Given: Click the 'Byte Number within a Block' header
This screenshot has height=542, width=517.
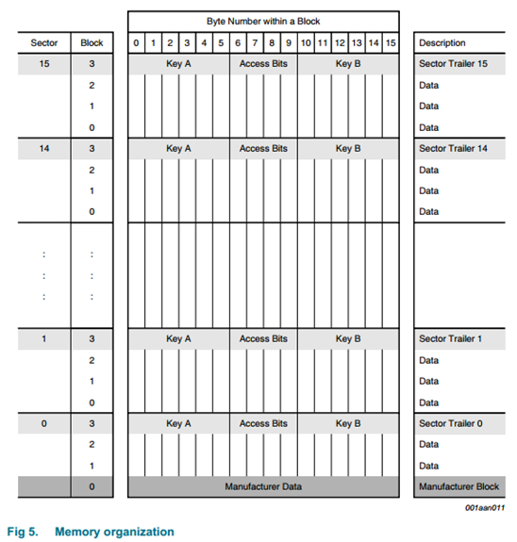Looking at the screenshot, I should click(263, 21).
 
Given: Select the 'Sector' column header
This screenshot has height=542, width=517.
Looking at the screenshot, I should click(44, 43).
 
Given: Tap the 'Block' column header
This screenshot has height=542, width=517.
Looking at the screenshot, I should click(92, 43).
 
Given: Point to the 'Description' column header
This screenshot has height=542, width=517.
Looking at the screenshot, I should click(442, 43).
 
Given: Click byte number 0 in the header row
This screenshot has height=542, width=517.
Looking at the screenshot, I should click(136, 43).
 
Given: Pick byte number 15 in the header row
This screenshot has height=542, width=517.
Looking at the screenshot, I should click(391, 43).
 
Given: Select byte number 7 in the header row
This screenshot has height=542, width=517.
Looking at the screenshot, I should click(255, 43).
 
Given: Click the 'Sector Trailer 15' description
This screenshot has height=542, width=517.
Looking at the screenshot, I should click(456, 64).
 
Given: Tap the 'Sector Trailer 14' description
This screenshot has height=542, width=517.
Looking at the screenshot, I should click(456, 149).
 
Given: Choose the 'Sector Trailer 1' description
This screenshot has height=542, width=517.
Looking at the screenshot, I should click(453, 338).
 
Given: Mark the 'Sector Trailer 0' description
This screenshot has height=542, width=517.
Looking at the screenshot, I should click(453, 423).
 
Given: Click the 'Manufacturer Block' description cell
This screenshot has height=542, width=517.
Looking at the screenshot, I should click(458, 486).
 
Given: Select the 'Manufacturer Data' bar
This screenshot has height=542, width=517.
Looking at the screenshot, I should click(263, 486).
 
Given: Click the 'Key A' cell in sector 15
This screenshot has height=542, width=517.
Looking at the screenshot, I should click(178, 64).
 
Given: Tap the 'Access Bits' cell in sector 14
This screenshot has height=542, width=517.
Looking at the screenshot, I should click(263, 149).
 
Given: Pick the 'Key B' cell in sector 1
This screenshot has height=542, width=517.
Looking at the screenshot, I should click(348, 338).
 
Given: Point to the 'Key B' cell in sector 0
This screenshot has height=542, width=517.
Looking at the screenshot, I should click(348, 423).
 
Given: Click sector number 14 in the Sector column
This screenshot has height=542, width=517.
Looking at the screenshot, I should click(44, 149).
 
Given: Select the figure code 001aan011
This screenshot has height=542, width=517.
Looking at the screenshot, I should click(485, 507).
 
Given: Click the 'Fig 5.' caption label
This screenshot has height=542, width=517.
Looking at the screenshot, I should click(23, 532).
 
